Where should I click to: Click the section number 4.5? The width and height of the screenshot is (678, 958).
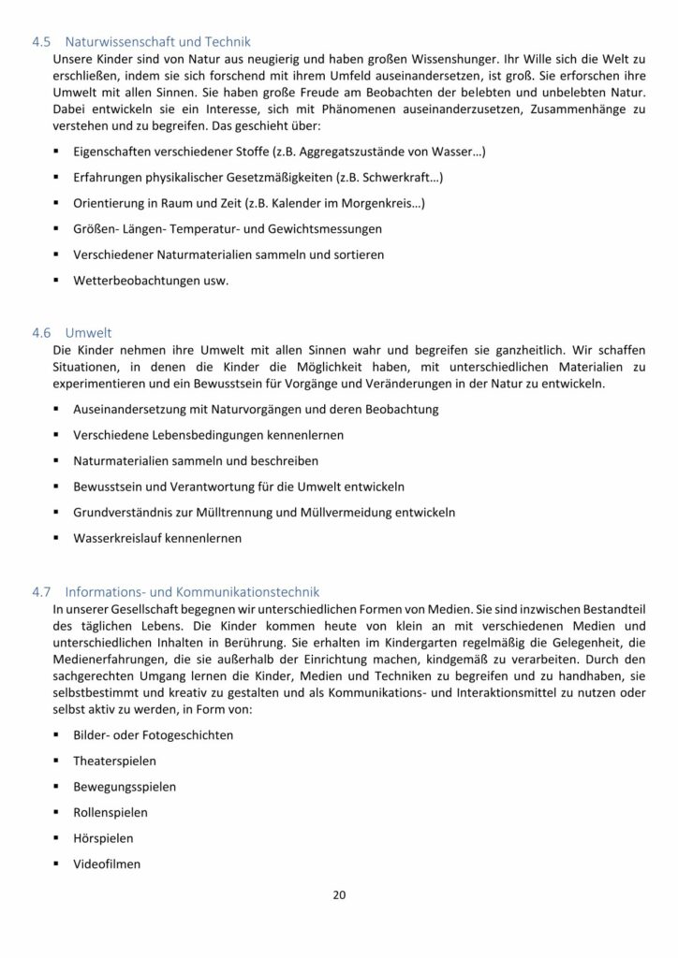41,42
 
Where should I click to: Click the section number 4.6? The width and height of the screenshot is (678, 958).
41,332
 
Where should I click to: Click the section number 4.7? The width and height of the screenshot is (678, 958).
41,591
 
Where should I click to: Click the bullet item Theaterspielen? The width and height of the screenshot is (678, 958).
115,761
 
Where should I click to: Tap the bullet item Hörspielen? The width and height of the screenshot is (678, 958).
103,838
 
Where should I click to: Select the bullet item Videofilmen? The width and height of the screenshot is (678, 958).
107,864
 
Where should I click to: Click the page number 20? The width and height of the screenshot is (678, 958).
339,895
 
